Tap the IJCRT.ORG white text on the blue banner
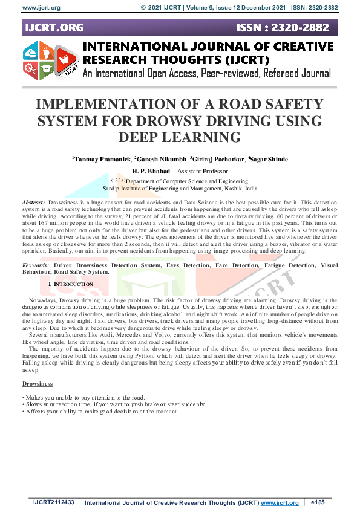(x=54, y=28)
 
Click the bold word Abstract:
(x=33, y=201)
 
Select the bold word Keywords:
(x=36, y=265)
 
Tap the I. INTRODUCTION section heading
(x=70, y=284)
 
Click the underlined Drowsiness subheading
(x=38, y=384)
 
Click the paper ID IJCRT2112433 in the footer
(x=54, y=502)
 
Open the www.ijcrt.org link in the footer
(x=279, y=502)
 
